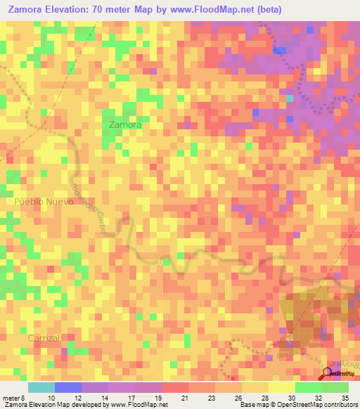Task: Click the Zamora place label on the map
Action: point(126,124)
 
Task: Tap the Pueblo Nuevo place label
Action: point(44,201)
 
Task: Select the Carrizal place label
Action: point(45,338)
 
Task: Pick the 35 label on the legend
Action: point(345,397)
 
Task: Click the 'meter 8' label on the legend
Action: point(13,397)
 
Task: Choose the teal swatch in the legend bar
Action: point(41,387)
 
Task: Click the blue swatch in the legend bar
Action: point(67,387)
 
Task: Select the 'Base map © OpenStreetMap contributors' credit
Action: point(297,405)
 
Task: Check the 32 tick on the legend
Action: point(318,397)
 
